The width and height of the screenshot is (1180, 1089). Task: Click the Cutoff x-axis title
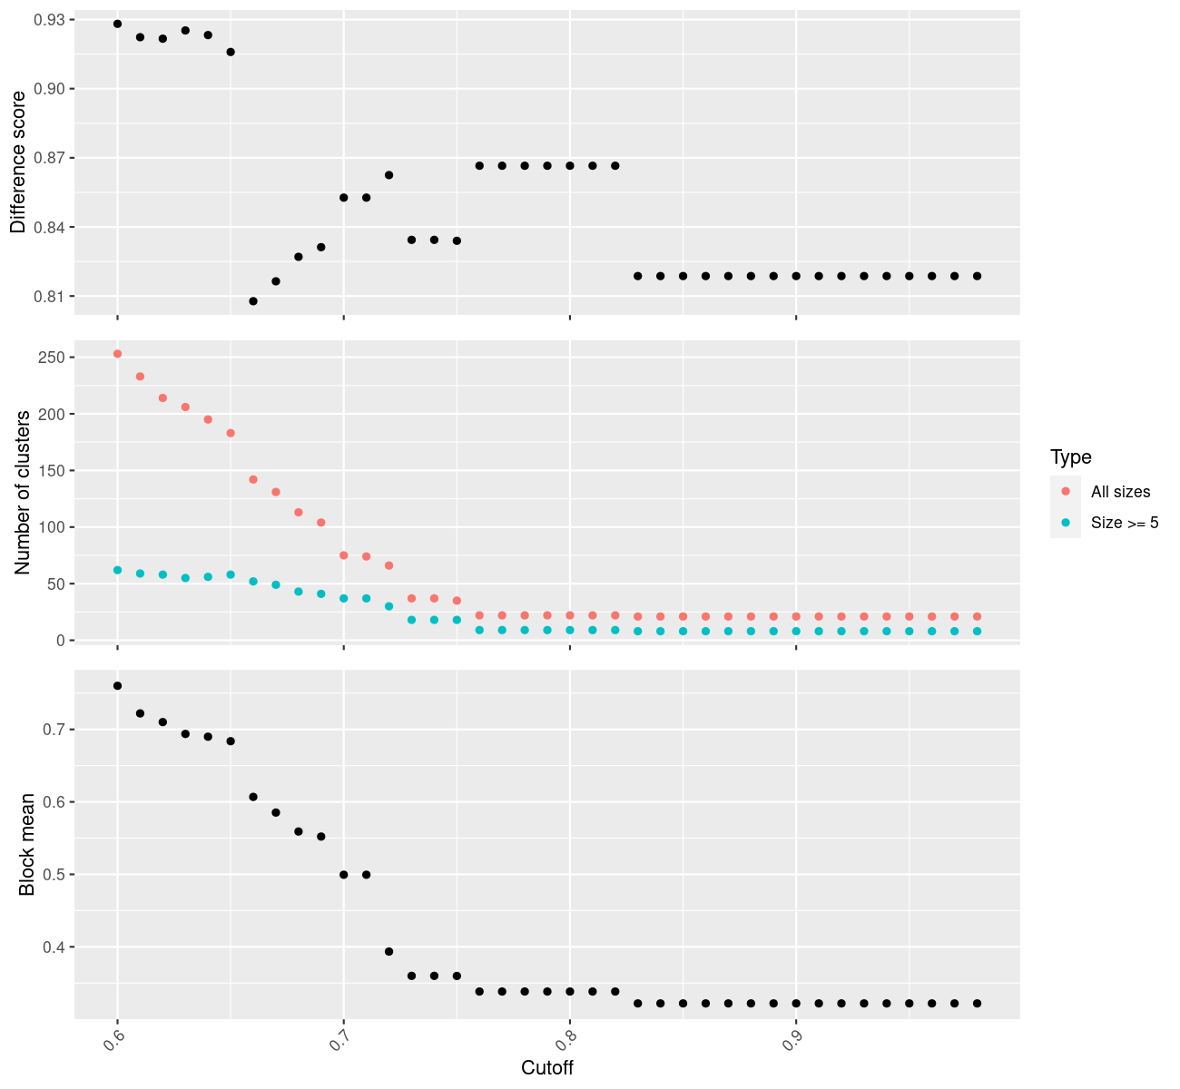click(x=546, y=1068)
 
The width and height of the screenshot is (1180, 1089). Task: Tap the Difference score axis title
click(x=18, y=162)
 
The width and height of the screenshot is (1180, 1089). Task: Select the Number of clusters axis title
click(x=24, y=492)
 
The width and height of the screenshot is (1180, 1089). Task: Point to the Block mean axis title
click(x=27, y=844)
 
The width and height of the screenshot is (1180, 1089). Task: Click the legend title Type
click(x=1070, y=456)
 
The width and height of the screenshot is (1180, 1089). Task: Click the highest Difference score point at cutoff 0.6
click(x=117, y=24)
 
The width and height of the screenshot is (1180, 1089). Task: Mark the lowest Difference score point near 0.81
click(x=253, y=301)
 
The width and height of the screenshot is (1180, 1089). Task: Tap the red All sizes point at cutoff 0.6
click(x=117, y=354)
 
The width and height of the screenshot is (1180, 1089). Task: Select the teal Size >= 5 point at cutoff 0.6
click(x=117, y=570)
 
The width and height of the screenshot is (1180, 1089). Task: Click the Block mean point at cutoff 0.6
click(x=117, y=686)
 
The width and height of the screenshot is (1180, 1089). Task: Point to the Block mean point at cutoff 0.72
click(x=388, y=951)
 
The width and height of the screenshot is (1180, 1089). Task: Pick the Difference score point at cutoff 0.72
click(x=388, y=175)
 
